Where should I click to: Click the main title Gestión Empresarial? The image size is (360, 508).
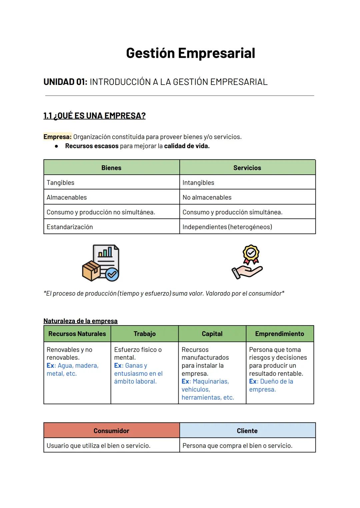(190, 53)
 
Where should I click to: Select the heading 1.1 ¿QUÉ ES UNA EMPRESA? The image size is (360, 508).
(94, 116)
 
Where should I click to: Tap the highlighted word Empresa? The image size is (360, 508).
(57, 137)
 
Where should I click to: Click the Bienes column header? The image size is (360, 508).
(111, 168)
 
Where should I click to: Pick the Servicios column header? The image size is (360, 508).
(247, 168)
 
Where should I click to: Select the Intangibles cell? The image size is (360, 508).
(198, 183)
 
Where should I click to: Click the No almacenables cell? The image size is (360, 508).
(207, 197)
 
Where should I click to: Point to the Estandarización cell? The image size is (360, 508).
(70, 227)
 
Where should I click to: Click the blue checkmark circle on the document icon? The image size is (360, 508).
(112, 274)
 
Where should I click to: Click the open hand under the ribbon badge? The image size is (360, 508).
(247, 271)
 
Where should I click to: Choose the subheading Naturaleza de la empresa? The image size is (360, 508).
(80, 321)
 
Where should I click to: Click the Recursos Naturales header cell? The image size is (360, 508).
(77, 334)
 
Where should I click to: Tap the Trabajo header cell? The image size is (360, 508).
(145, 334)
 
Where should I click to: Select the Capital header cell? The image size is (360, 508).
(212, 334)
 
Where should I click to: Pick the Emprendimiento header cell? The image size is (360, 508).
(279, 334)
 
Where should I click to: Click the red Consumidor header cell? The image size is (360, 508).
(111, 431)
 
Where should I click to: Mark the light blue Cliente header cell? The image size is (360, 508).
(247, 431)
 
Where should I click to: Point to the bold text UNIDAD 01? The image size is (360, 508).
(65, 82)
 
